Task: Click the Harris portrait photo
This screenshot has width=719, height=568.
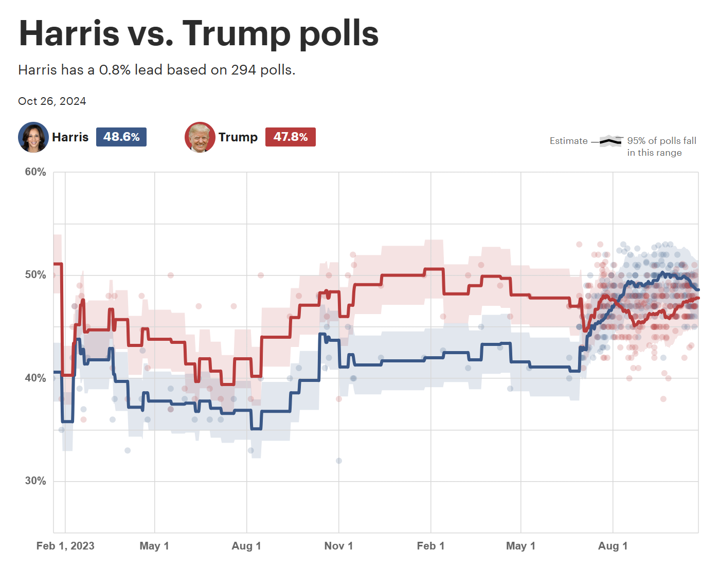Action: (33, 137)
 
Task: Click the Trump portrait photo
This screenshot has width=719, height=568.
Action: (200, 137)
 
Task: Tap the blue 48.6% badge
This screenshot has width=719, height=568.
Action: (121, 137)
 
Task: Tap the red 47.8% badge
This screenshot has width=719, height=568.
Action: (291, 137)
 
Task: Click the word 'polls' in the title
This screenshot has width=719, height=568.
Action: (339, 33)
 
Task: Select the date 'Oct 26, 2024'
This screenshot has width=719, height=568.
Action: (52, 101)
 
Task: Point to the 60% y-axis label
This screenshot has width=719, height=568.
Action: (35, 172)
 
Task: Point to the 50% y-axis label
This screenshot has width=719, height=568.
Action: (35, 275)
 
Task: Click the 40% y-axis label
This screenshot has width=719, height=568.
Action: (35, 378)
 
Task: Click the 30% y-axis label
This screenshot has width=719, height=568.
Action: (35, 481)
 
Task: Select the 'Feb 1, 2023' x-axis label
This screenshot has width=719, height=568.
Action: (65, 546)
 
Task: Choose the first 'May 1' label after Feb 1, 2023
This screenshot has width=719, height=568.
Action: (154, 546)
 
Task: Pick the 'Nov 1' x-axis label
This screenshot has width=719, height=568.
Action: (338, 546)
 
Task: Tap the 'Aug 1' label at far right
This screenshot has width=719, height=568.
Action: (613, 546)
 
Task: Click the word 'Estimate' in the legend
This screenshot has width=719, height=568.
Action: (568, 141)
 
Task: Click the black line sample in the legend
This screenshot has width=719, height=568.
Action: (611, 141)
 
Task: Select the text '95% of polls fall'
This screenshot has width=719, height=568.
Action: (661, 141)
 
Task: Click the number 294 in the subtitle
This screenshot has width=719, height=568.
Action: (243, 70)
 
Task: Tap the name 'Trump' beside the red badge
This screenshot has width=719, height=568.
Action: (238, 137)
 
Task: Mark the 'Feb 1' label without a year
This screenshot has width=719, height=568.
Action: (430, 546)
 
